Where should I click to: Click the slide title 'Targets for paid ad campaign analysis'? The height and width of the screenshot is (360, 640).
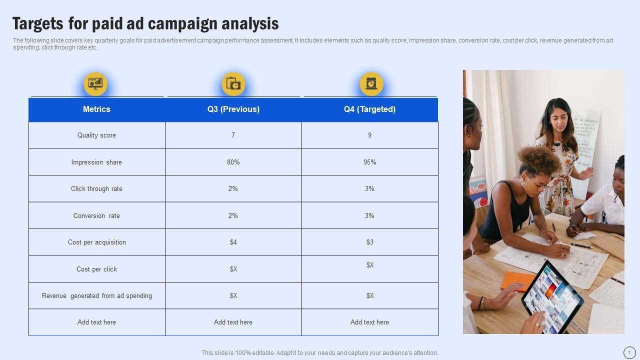145,23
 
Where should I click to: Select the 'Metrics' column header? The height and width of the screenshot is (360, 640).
96,109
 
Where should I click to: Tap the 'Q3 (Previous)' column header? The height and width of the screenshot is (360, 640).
233,109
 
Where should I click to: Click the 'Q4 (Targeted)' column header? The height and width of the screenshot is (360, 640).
369,109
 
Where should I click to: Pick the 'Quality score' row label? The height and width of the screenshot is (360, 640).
96,135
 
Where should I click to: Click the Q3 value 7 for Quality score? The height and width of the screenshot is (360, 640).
233,135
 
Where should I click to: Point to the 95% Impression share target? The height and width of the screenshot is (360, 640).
369,162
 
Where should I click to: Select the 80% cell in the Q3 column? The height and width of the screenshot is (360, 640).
233,162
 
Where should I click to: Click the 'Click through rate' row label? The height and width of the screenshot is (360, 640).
96,189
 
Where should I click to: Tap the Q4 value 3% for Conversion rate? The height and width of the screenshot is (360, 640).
369,216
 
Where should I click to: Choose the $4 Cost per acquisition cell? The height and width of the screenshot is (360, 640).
233,242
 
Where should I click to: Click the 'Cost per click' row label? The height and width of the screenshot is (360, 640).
96,269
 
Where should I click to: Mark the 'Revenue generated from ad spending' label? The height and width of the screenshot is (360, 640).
96,296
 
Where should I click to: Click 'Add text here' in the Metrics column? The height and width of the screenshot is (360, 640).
96,322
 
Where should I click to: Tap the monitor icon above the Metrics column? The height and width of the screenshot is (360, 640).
95,83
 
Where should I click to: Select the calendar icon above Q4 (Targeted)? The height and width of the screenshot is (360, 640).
371,83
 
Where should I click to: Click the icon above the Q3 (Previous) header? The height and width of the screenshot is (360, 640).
233,83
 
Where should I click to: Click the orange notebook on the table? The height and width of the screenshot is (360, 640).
518,281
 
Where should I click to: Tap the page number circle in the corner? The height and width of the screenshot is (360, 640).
629,352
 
